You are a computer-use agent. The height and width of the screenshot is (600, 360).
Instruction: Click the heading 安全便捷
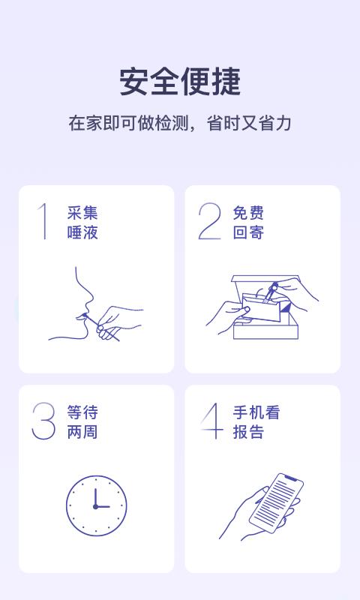click(x=180, y=82)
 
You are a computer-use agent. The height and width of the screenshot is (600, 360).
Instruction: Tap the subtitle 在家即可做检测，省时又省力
click(x=180, y=124)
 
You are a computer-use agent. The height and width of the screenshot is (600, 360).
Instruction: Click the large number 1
click(x=44, y=221)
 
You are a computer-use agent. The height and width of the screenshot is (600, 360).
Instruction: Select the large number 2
click(x=210, y=221)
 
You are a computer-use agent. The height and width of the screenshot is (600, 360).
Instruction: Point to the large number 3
click(x=43, y=421)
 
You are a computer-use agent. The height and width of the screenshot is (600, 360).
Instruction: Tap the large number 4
click(x=212, y=421)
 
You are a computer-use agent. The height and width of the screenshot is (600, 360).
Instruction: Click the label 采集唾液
click(x=82, y=223)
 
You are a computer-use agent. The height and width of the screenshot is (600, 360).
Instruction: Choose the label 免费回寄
click(x=248, y=223)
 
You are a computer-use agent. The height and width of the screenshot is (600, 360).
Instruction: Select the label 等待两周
click(x=82, y=422)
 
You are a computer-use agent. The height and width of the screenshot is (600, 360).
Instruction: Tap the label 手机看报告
click(x=256, y=422)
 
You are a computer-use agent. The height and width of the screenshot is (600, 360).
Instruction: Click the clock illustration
click(x=96, y=505)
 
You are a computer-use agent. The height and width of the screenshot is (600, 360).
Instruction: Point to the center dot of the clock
click(x=95, y=506)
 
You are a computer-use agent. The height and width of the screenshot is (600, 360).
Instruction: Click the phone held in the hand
click(x=276, y=500)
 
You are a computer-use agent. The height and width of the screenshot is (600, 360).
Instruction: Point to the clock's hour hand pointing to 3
click(x=103, y=506)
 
